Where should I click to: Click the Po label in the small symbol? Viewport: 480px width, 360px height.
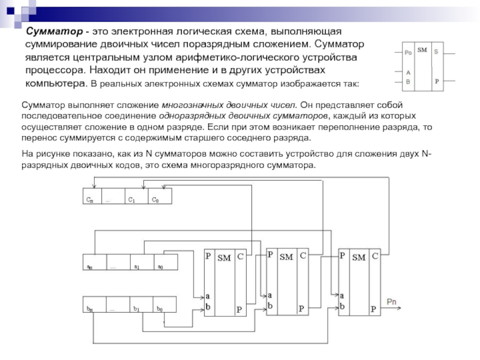coord(408,53)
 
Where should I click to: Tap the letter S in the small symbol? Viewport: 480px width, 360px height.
coord(436,52)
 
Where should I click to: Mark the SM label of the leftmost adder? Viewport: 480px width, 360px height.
coord(223,257)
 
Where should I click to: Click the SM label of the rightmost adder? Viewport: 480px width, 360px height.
coord(358,257)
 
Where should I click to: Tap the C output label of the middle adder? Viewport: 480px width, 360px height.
coord(303,255)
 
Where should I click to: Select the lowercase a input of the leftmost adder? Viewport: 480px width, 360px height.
coord(208,296)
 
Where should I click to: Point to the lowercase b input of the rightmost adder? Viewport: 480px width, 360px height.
coord(342,305)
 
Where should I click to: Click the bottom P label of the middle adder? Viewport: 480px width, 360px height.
coord(301,308)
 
